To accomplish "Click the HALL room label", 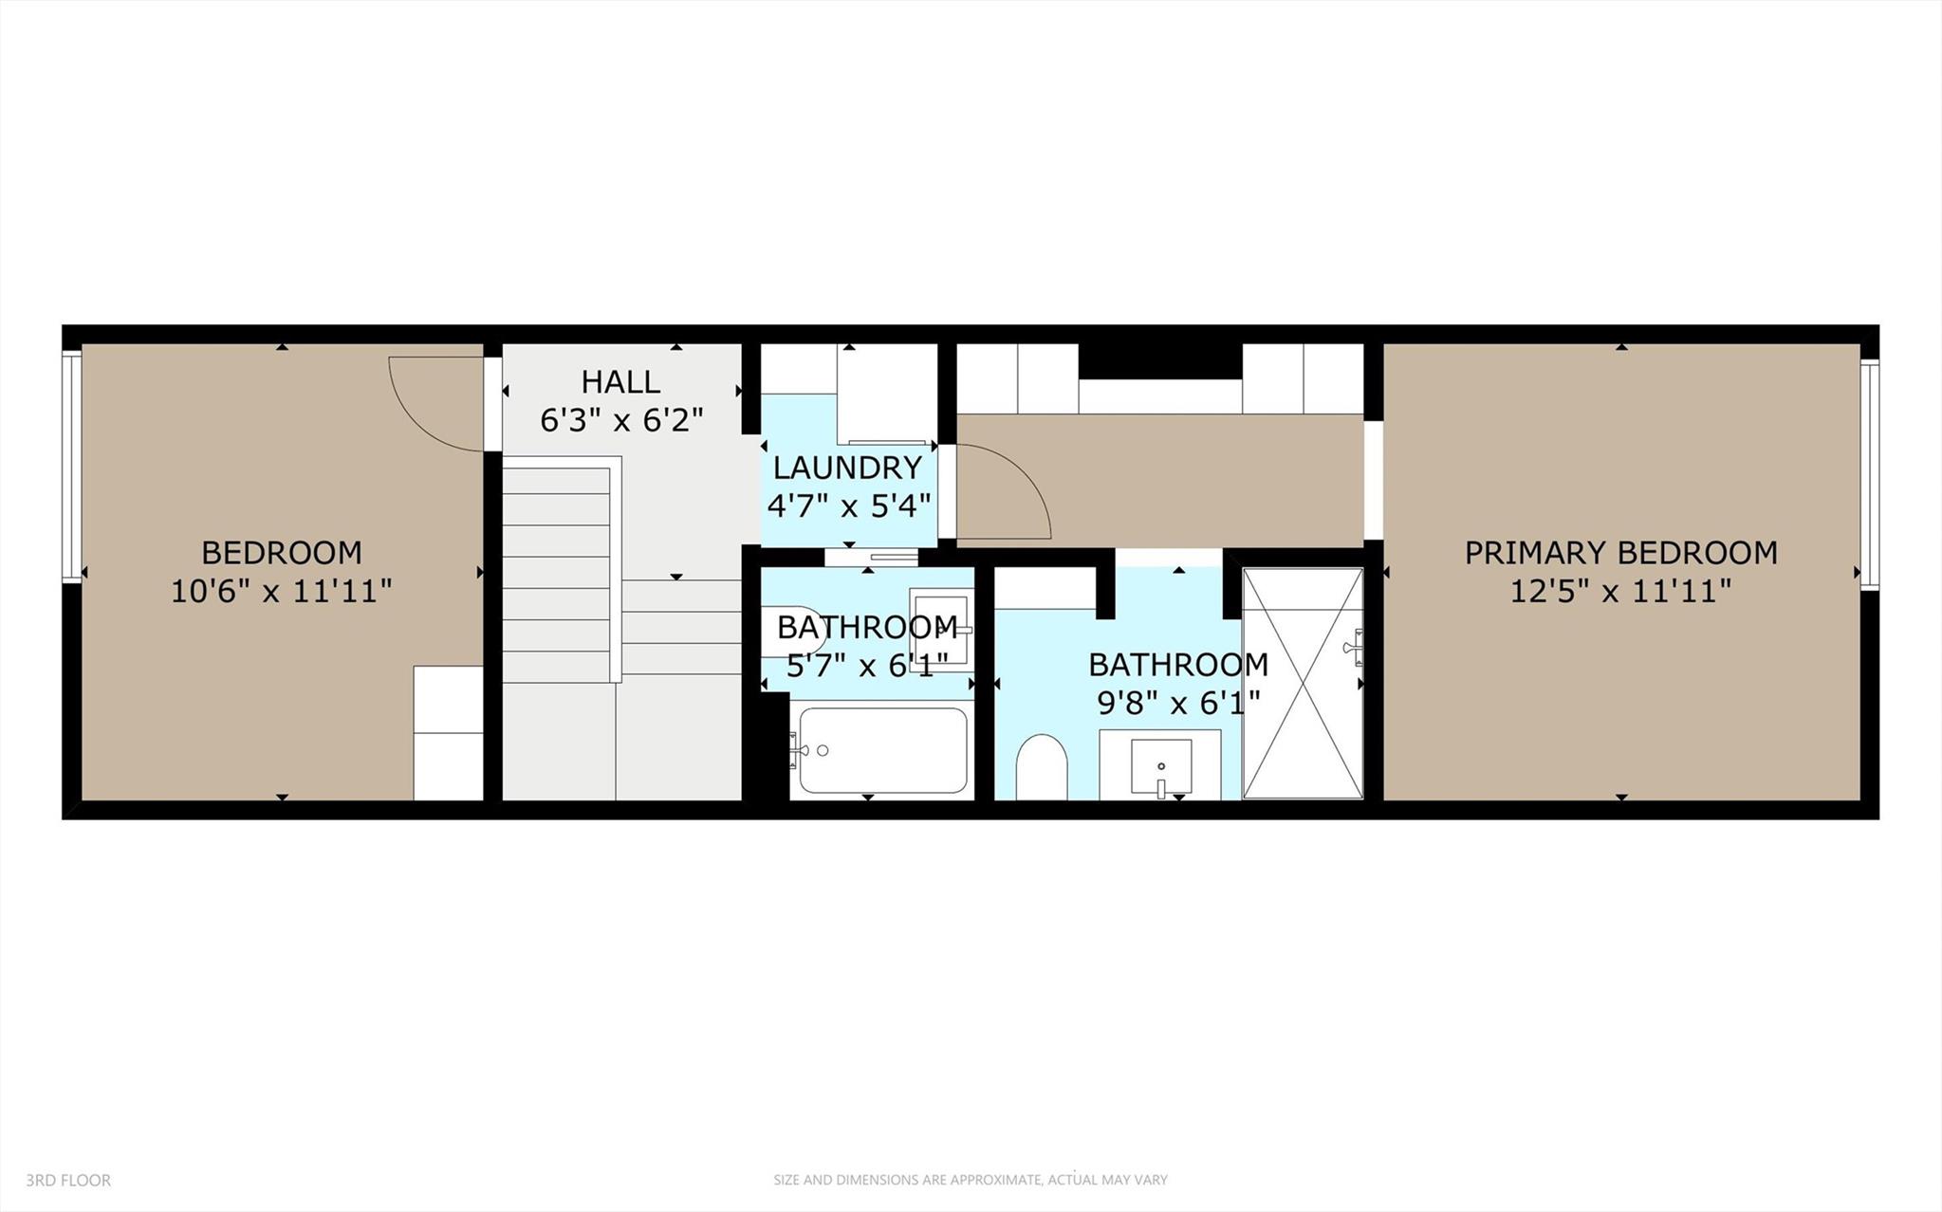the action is click(620, 382).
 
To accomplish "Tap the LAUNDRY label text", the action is click(847, 468).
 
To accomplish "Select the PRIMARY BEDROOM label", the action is click(1620, 553).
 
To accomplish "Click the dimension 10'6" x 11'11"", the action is click(281, 592).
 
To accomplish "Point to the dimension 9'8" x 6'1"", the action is click(1178, 704).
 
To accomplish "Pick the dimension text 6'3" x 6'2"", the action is click(621, 420).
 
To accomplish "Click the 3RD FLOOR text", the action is click(68, 1181).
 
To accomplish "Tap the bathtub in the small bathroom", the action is click(883, 750).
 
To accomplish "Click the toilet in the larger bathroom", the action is click(1042, 766).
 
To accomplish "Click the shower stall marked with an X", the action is click(1303, 683).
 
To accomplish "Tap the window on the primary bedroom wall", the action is click(1869, 475).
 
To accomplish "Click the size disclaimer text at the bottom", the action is click(971, 1180).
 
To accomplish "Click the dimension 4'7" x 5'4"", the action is click(848, 505).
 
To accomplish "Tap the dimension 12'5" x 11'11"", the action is click(1620, 592).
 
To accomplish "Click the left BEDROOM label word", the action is click(281, 553).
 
